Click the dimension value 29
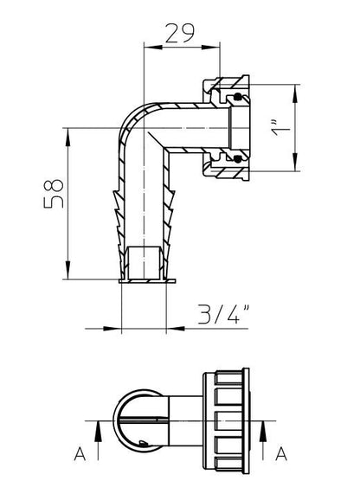pyautogui.click(x=180, y=33)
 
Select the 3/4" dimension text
pyautogui.click(x=223, y=314)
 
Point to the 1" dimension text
pyautogui.click(x=280, y=128)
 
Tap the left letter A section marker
pyautogui.click(x=80, y=453)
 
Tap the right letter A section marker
pyautogui.click(x=281, y=453)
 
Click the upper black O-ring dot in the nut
pyautogui.click(x=237, y=96)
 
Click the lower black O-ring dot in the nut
pyautogui.click(x=237, y=158)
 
